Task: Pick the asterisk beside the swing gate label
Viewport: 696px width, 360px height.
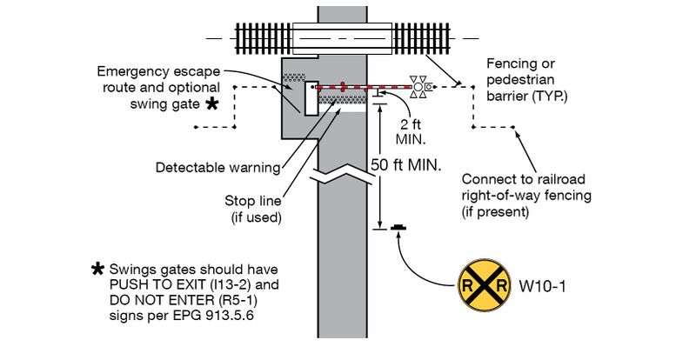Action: (211, 104)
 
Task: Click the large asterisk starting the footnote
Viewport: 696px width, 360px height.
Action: (98, 268)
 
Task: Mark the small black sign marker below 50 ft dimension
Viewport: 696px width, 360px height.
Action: (398, 229)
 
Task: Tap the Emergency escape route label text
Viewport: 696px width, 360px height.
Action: (159, 79)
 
